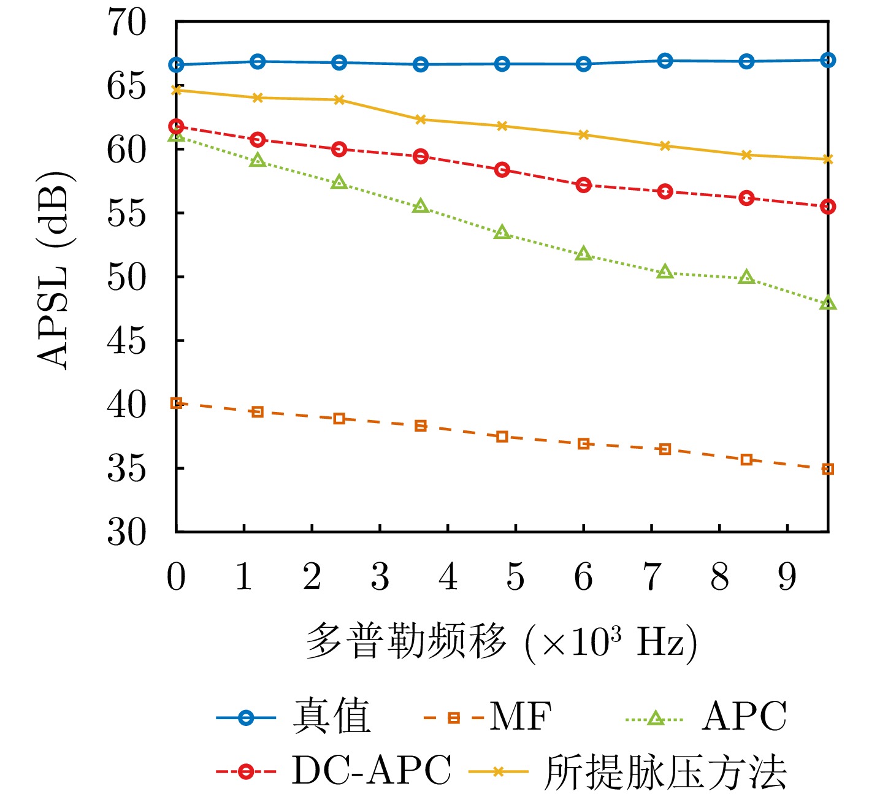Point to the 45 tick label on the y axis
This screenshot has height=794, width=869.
click(x=128, y=342)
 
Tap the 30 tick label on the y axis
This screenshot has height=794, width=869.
click(x=128, y=532)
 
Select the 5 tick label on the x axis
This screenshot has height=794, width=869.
click(x=515, y=578)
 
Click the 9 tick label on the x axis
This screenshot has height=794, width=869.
click(x=787, y=578)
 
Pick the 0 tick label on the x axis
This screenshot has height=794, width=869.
click(x=176, y=578)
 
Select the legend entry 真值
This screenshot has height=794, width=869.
click(x=332, y=716)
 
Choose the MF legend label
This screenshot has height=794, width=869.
click(x=521, y=716)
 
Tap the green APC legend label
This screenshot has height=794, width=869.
click(x=744, y=716)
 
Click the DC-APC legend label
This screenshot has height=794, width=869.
click(x=371, y=770)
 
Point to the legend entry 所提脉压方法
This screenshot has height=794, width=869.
click(x=665, y=771)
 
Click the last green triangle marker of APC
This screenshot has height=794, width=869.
click(x=828, y=303)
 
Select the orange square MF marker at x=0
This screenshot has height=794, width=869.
click(x=176, y=403)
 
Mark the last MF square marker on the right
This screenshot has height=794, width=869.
click(x=828, y=469)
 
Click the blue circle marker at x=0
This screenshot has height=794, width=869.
click(x=176, y=64)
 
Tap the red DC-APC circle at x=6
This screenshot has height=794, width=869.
click(x=583, y=185)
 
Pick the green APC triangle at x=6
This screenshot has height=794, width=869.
click(x=583, y=254)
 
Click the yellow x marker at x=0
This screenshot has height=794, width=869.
click(x=176, y=90)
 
